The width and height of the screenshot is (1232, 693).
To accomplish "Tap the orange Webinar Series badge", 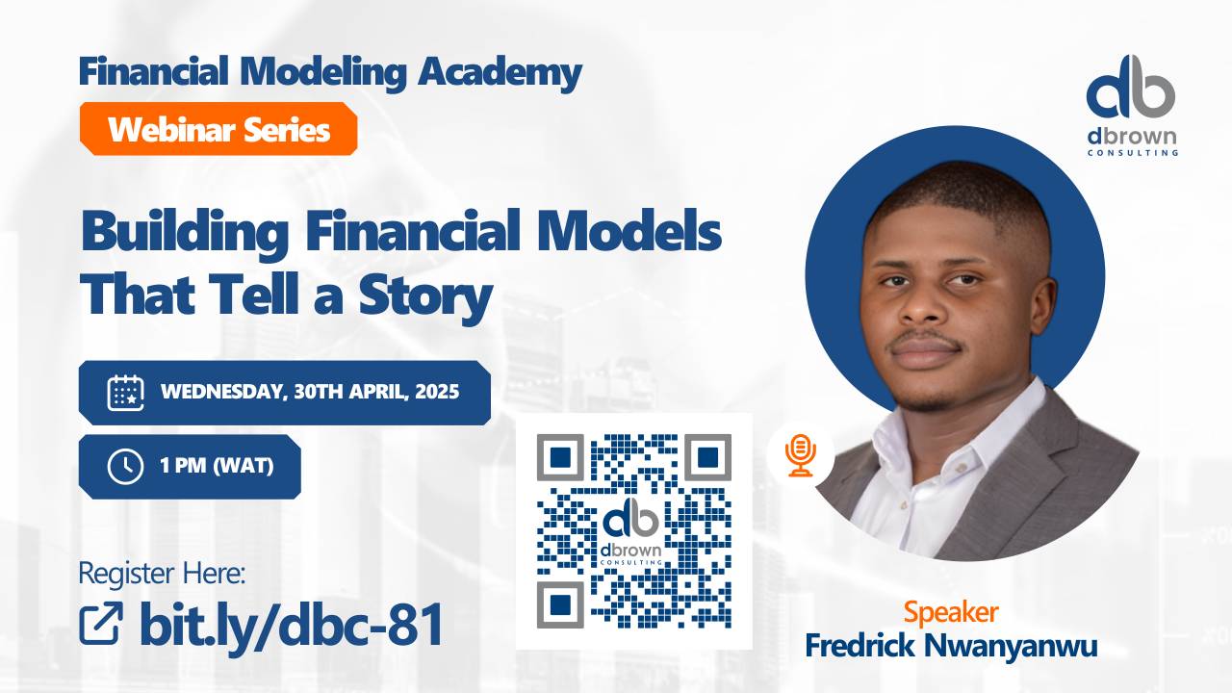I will pyautogui.click(x=218, y=129).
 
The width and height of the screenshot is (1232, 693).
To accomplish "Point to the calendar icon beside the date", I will pyautogui.click(x=125, y=393).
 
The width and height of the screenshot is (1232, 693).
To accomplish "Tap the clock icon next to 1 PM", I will pyautogui.click(x=125, y=467).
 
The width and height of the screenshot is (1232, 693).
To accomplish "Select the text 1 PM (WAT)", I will pyautogui.click(x=217, y=467).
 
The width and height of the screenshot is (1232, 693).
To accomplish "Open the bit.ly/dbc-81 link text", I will pyautogui.click(x=291, y=624).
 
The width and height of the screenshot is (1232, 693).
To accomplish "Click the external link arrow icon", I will pyautogui.click(x=100, y=624).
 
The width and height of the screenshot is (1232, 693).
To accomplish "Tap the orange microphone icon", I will pyautogui.click(x=800, y=453).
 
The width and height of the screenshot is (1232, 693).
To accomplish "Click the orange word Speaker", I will pyautogui.click(x=950, y=612).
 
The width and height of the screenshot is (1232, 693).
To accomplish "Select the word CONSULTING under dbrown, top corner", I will pyautogui.click(x=1131, y=152).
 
